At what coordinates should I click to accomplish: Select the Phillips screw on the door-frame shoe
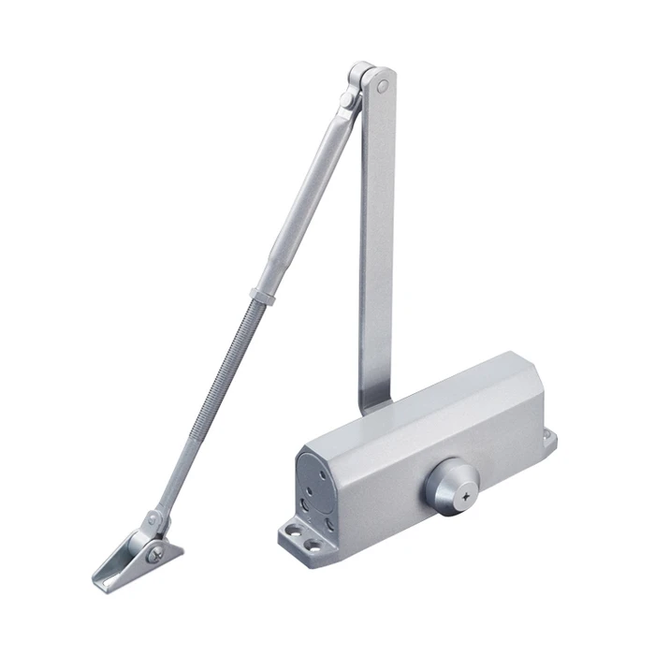click(154, 554)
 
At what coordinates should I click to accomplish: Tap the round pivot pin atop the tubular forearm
click(347, 98)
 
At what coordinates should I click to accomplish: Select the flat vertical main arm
click(376, 234)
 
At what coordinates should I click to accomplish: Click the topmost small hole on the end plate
click(309, 458)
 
